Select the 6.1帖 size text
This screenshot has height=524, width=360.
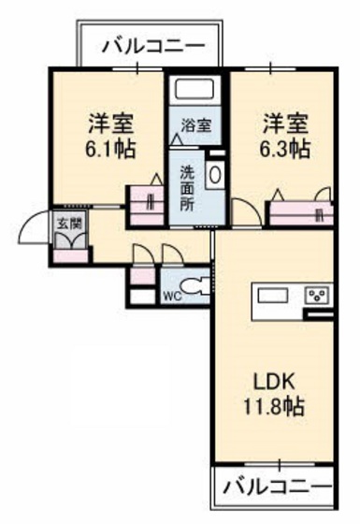(x=109, y=148)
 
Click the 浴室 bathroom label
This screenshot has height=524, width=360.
(x=195, y=123)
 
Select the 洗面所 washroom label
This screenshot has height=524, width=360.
(x=188, y=189)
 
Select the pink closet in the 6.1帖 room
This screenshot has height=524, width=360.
(x=145, y=201)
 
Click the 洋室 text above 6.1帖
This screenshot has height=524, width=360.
(x=109, y=123)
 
